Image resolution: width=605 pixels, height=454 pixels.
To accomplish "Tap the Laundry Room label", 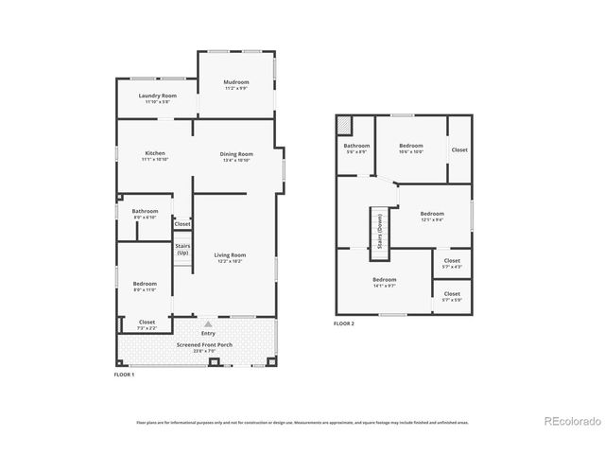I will [x=157, y=97].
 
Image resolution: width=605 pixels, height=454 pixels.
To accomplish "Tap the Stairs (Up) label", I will [x=182, y=250].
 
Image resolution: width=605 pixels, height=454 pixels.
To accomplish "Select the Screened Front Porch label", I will [x=198, y=346].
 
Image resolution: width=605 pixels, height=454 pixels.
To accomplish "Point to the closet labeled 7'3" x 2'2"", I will [x=146, y=324].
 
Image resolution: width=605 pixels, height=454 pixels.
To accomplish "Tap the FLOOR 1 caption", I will [x=124, y=375].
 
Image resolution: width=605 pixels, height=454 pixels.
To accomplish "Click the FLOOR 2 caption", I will [x=343, y=323].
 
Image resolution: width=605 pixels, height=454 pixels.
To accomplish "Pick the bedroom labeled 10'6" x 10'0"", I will [x=411, y=148].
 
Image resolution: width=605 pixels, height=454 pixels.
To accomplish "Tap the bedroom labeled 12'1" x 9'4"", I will [x=431, y=217].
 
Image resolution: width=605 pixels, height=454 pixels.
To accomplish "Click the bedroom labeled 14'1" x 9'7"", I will [x=384, y=282].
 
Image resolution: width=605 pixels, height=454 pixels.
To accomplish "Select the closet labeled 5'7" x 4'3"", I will [x=452, y=262].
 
